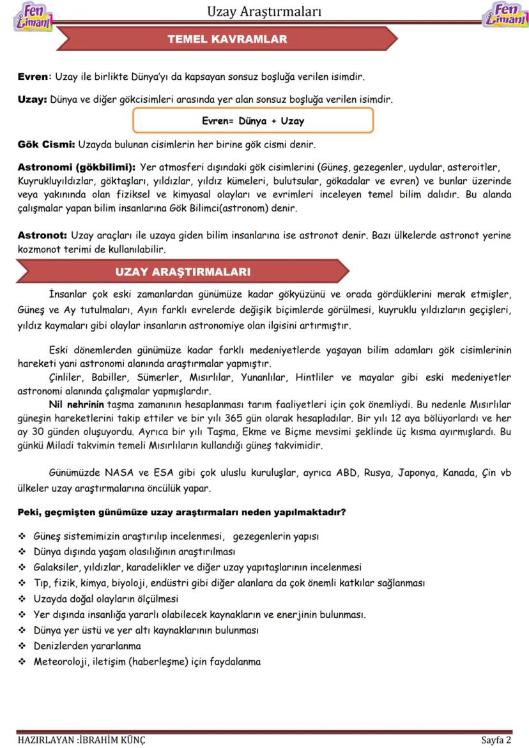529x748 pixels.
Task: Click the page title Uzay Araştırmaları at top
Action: click(x=264, y=12)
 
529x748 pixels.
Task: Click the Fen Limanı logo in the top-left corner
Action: click(x=32, y=16)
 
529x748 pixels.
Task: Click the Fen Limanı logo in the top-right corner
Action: click(x=505, y=16)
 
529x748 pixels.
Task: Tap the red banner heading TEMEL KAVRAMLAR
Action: click(x=227, y=39)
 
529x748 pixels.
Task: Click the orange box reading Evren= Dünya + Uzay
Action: click(x=253, y=121)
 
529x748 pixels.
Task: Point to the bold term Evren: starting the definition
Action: click(x=33, y=77)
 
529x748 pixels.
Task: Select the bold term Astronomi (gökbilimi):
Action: click(x=76, y=167)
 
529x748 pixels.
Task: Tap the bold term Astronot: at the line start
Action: click(x=42, y=236)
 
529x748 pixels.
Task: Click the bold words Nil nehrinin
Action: click(x=76, y=405)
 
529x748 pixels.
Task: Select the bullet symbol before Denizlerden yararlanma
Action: click(x=22, y=646)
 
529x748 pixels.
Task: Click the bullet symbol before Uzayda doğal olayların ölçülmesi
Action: click(x=22, y=599)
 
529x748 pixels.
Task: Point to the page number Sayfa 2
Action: click(x=496, y=740)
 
